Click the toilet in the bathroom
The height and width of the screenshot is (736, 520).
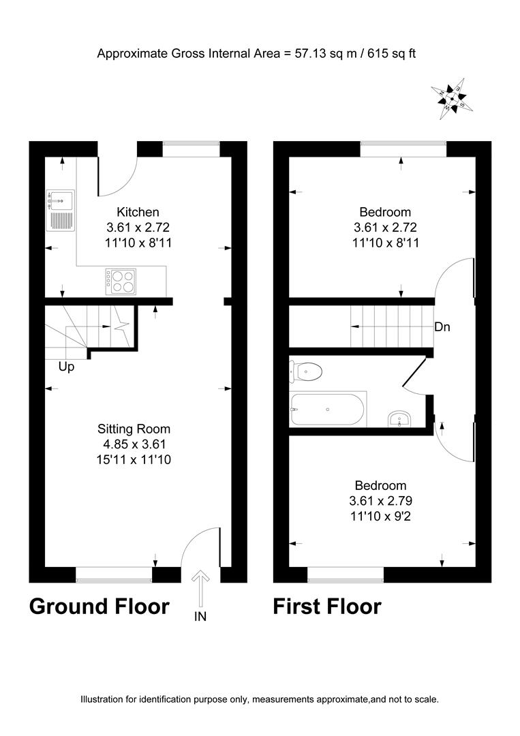click(x=307, y=372)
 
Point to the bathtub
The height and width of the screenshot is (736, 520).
click(x=328, y=409)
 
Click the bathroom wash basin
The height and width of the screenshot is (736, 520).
click(x=398, y=418)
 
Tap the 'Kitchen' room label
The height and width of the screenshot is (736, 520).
click(x=138, y=212)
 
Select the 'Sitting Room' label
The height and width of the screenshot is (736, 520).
click(x=134, y=429)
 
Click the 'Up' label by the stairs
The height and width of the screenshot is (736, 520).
click(x=66, y=367)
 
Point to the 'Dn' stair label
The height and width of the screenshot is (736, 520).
click(x=442, y=327)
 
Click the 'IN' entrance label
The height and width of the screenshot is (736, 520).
click(x=200, y=617)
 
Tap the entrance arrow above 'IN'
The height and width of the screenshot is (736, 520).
click(x=200, y=587)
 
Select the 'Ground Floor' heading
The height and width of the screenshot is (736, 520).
click(x=99, y=606)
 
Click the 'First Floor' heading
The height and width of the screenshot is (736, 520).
click(x=327, y=606)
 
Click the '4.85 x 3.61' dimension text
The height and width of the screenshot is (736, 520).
click(x=134, y=444)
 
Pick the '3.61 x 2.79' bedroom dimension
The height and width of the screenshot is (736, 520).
click(x=380, y=501)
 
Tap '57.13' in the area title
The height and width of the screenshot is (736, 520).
click(x=308, y=52)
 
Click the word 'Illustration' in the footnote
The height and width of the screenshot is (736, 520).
click(x=108, y=699)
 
